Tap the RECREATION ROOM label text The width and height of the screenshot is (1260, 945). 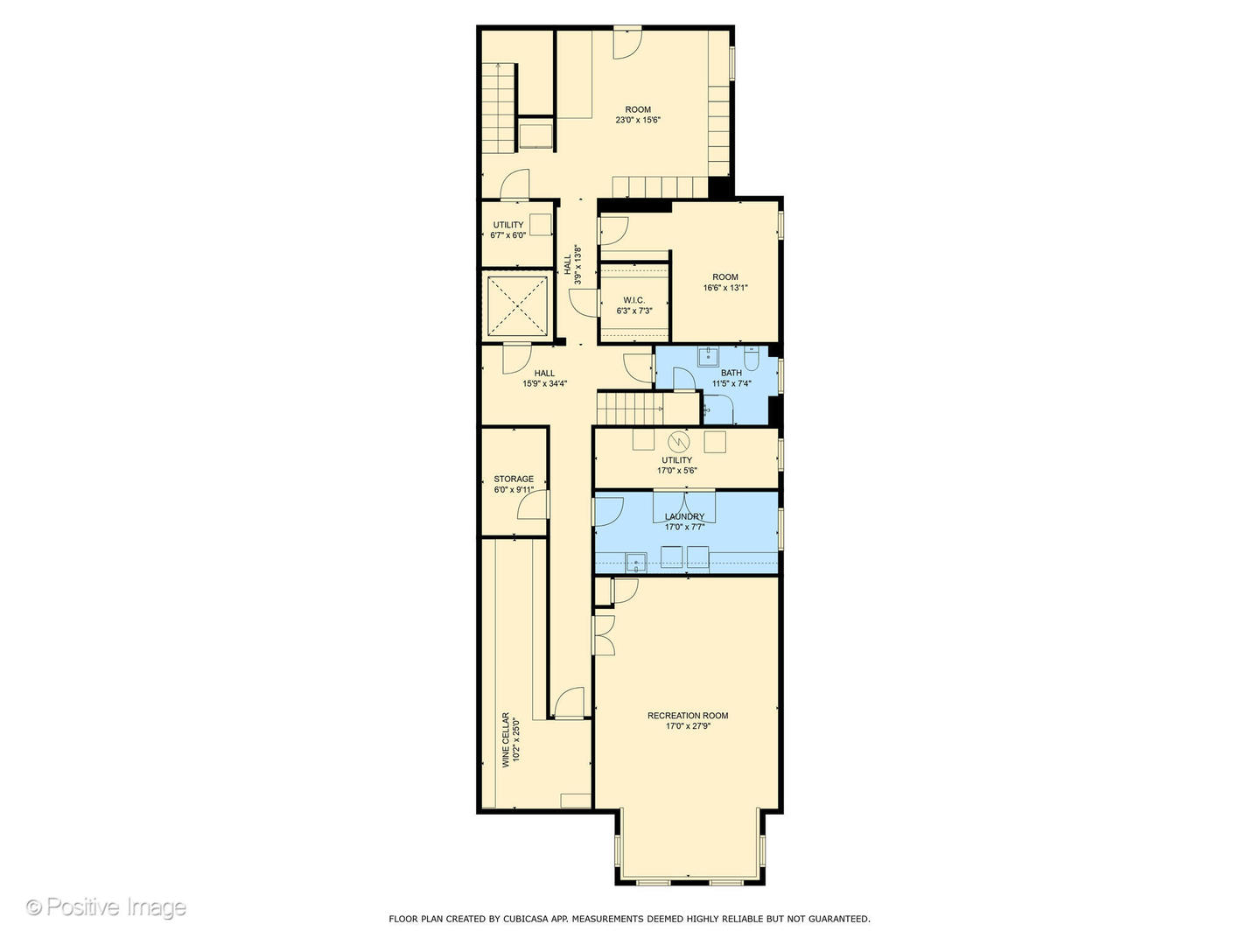click(688, 716)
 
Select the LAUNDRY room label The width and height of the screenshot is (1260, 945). click(684, 517)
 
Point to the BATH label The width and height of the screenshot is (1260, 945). click(731, 373)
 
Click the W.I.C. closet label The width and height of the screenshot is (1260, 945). click(634, 300)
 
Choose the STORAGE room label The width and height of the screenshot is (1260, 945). click(514, 479)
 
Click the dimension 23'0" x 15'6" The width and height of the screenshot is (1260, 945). click(638, 121)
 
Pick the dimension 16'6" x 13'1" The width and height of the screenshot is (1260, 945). click(725, 288)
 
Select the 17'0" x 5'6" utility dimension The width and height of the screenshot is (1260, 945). click(677, 471)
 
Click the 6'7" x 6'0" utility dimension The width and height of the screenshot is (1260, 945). click(508, 235)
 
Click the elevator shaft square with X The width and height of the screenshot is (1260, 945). click(516, 306)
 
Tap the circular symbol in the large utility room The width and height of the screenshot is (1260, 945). click(678, 440)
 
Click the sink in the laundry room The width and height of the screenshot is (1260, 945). click(636, 561)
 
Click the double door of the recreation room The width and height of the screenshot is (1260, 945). click(604, 634)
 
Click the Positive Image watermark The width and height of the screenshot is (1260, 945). click(106, 907)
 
